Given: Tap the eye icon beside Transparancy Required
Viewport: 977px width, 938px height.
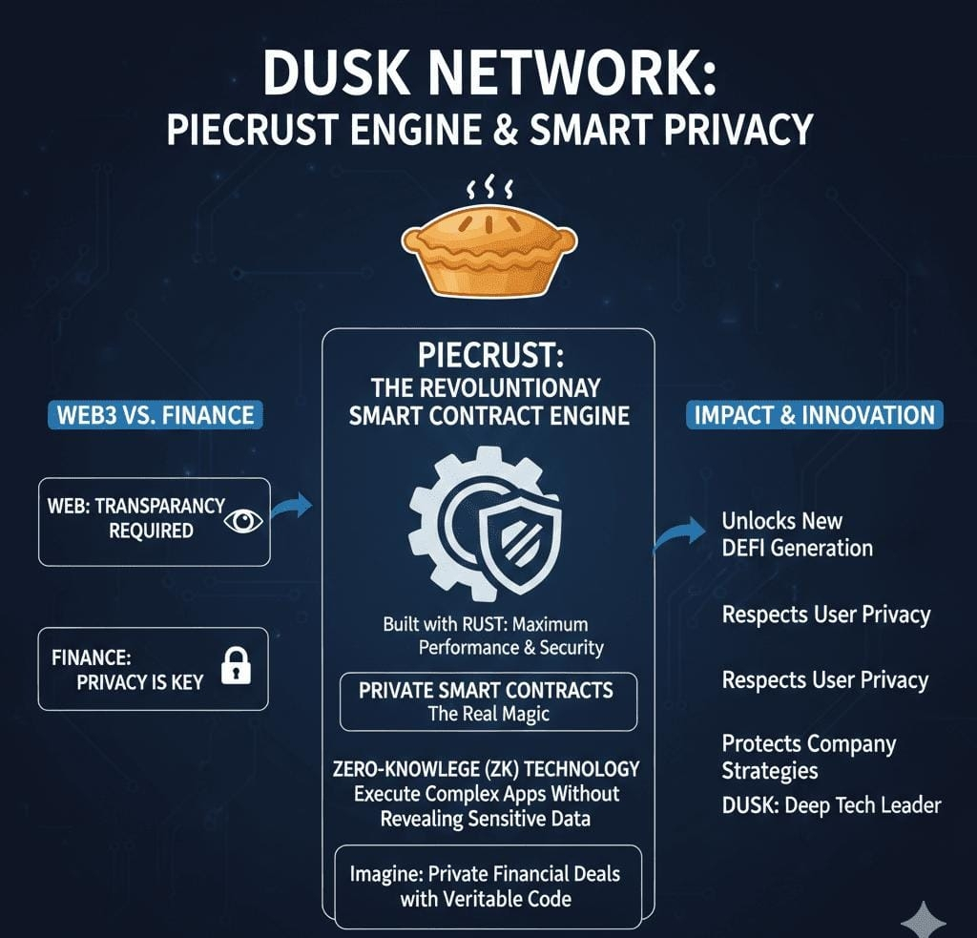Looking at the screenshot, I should [x=245, y=520].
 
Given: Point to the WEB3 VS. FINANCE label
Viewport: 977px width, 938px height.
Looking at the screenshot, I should [x=154, y=415].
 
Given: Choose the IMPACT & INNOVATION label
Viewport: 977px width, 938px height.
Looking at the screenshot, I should [x=814, y=415].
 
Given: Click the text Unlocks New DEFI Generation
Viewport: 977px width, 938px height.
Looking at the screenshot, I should [x=797, y=534].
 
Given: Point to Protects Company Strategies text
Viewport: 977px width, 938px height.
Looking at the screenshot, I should [x=808, y=756].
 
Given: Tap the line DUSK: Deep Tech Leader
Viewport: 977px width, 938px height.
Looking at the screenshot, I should [x=831, y=804].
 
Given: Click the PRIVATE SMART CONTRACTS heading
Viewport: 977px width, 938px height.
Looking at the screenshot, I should [x=486, y=690].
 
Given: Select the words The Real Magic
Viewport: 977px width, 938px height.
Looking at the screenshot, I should [x=488, y=715].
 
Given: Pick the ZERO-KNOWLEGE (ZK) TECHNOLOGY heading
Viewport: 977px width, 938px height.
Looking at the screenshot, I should [x=487, y=769].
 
